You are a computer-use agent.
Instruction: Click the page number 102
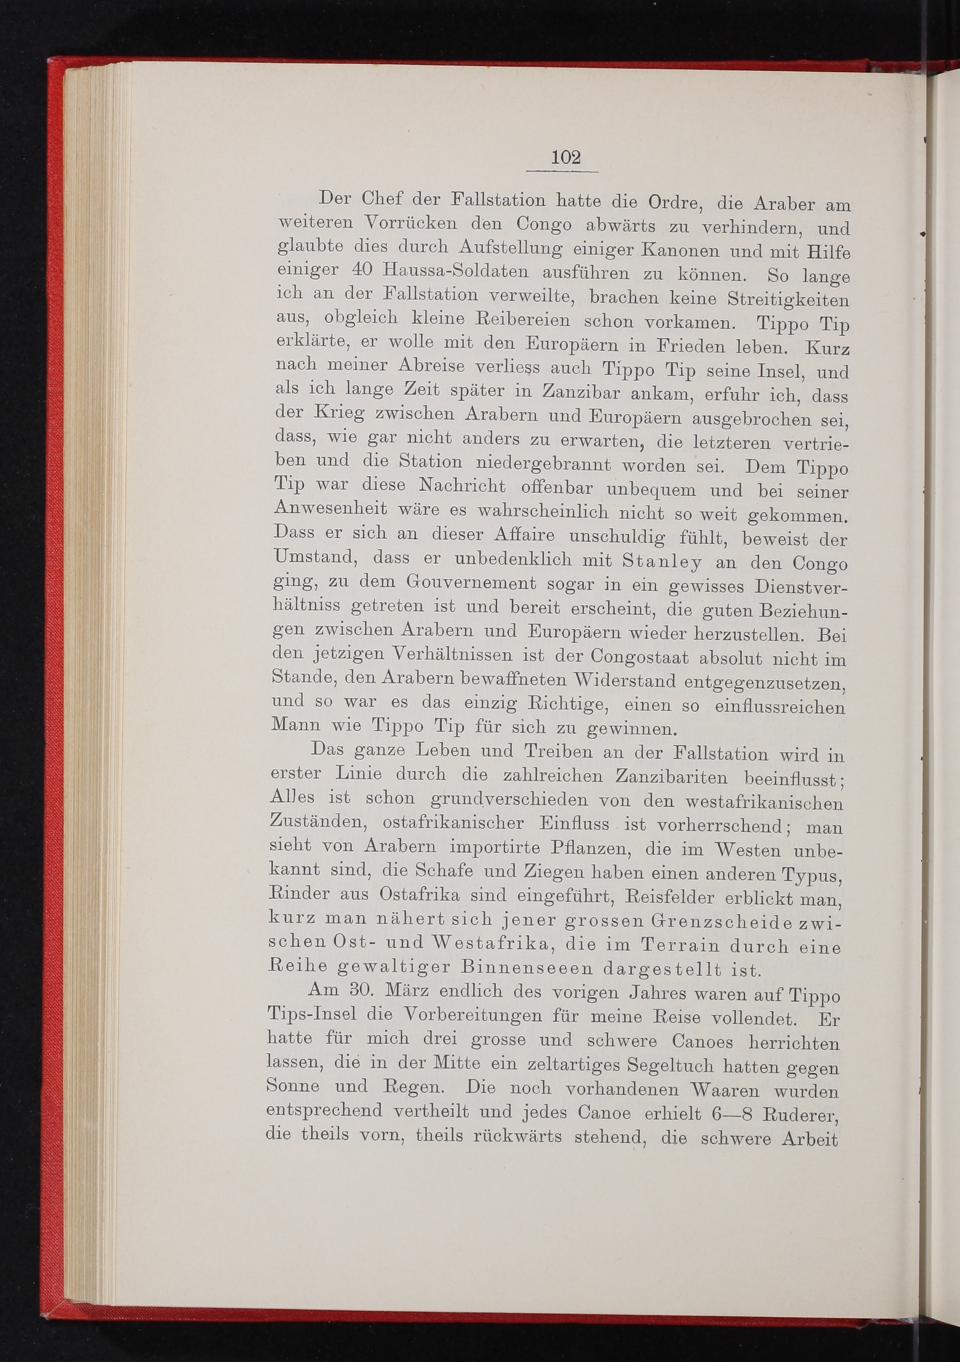pyautogui.click(x=566, y=158)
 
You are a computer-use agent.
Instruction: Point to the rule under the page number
pyautogui.click(x=562, y=172)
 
